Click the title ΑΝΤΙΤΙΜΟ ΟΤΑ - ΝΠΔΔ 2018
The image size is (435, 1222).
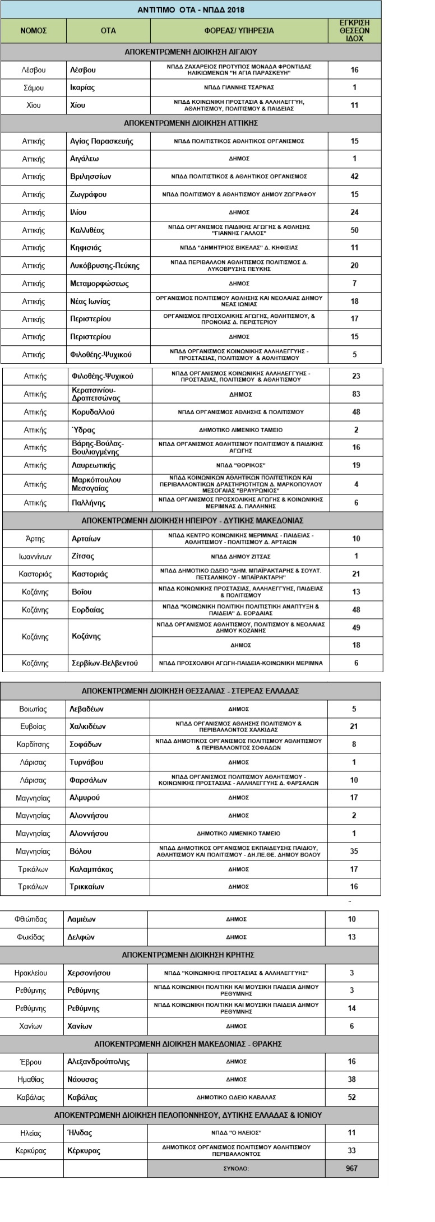[x=191, y=10]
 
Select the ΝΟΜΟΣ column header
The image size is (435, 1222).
[x=33, y=31]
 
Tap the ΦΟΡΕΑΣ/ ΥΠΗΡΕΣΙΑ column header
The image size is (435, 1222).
[x=239, y=31]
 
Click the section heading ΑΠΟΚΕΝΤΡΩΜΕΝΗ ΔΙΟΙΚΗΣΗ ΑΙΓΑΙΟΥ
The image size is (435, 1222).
[x=191, y=52]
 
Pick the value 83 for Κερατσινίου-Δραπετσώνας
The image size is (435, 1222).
[x=356, y=394]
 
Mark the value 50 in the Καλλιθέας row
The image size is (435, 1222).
[x=354, y=230]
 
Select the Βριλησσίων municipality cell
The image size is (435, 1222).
[x=90, y=177]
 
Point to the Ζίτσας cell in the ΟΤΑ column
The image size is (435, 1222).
[x=83, y=556]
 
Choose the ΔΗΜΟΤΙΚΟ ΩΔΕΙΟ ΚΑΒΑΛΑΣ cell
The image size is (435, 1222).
[x=236, y=1097]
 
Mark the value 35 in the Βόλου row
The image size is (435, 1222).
[x=354, y=851]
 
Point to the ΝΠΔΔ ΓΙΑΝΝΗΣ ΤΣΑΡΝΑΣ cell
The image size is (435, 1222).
[x=239, y=87]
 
